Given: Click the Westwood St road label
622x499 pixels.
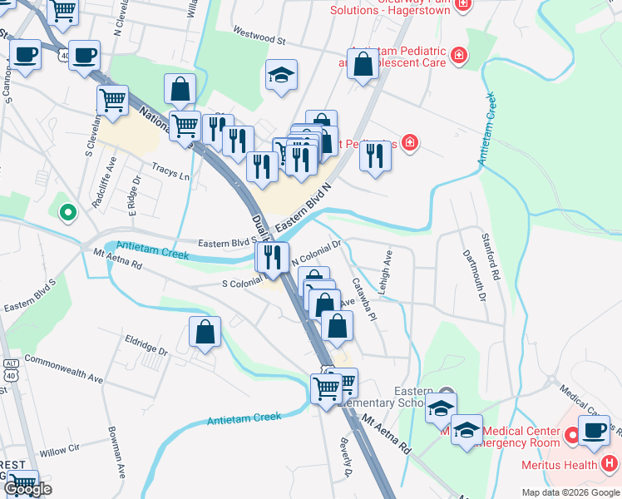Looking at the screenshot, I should [x=259, y=39].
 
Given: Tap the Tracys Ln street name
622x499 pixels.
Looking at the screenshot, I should [x=171, y=171].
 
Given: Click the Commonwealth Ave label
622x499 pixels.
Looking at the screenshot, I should [x=63, y=368].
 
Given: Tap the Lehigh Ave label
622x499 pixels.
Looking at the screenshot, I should [x=386, y=266].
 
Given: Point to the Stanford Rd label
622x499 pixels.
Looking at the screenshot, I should [x=494, y=261].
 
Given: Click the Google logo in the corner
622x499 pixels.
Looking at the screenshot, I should [x=27, y=489].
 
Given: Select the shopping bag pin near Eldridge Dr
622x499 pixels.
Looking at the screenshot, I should [x=205, y=332].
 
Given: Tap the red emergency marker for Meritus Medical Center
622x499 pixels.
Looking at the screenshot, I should [x=572, y=435].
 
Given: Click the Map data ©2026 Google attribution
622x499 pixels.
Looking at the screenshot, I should [x=570, y=492].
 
